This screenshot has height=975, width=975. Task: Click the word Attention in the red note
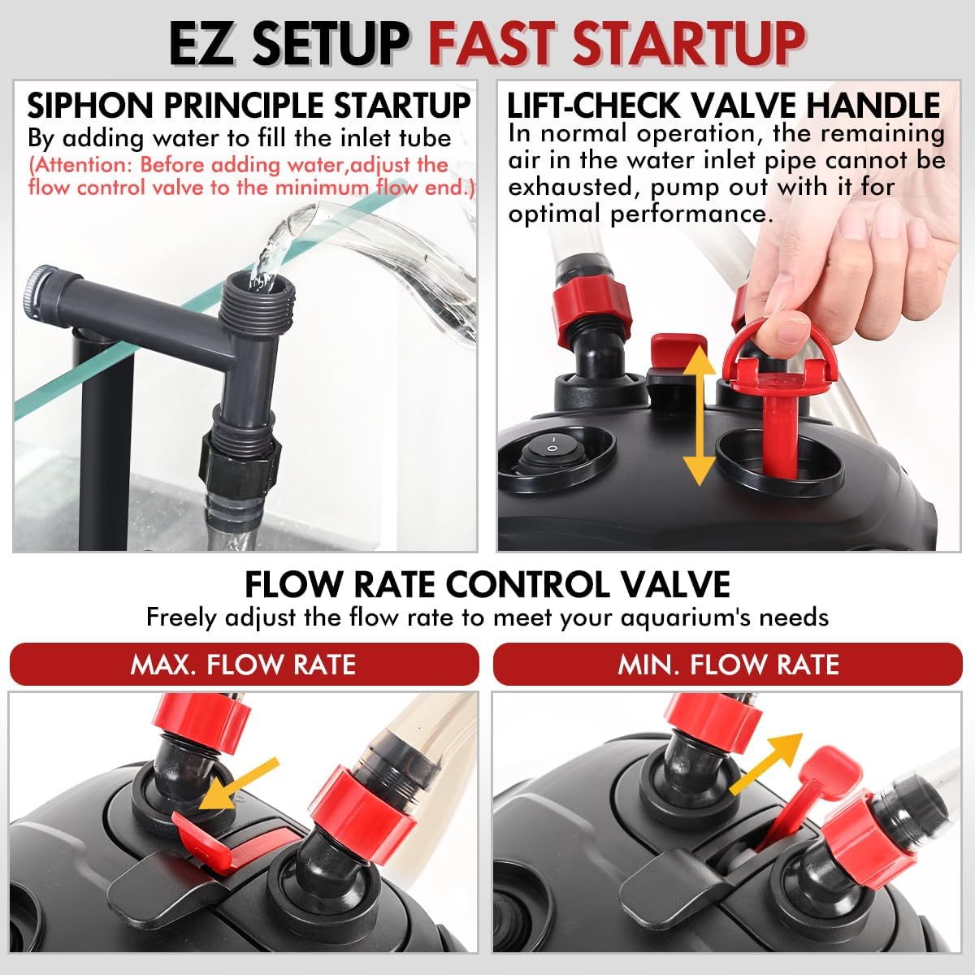pyautogui.click(x=80, y=165)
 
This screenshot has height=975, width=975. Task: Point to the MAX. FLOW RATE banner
pyautogui.click(x=244, y=665)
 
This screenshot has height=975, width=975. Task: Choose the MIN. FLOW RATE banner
pyautogui.click(x=727, y=665)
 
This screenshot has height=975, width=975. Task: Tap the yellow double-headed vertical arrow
pyautogui.click(x=700, y=415)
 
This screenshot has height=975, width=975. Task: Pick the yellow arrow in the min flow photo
pyautogui.click(x=765, y=765)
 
